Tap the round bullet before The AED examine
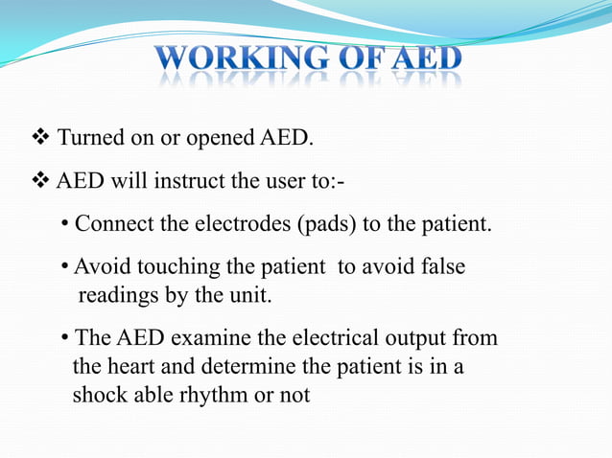pyautogui.click(x=64, y=339)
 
